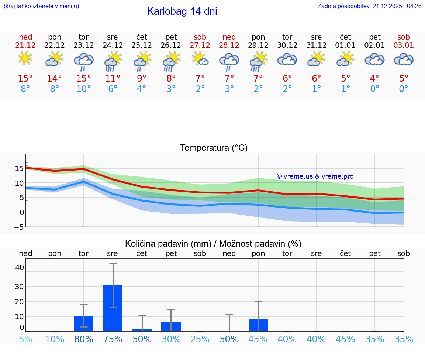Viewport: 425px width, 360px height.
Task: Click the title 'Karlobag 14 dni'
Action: pos(182,11)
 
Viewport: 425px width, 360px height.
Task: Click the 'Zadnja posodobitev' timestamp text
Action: pos(369,6)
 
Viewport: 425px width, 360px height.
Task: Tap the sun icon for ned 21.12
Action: pos(25,58)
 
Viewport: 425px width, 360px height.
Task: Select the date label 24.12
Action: pos(113,45)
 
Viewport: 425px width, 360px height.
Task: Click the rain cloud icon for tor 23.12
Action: pos(83,61)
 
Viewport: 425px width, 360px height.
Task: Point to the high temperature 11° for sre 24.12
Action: pos(113,78)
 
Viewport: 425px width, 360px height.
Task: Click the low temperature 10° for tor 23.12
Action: pos(83,89)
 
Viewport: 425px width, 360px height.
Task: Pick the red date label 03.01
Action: pos(404,45)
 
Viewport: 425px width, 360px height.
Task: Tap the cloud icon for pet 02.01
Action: pos(374,59)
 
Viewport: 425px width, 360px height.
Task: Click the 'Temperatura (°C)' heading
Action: pos(214,148)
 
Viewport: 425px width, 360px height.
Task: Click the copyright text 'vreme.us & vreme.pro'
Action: pos(315,176)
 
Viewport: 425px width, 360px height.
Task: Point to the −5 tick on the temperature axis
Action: pos(18,227)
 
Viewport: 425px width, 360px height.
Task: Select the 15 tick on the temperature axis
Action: pos(20,168)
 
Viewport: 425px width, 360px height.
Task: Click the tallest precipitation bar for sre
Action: pos(113,308)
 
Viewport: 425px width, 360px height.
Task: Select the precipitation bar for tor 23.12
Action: pos(83,323)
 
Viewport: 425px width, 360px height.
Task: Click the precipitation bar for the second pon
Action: pos(258,325)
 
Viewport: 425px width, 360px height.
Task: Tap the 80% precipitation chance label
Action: pos(84,339)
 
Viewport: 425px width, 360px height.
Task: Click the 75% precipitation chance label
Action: pos(113,339)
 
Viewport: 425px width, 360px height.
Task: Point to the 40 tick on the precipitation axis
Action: pos(20,267)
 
